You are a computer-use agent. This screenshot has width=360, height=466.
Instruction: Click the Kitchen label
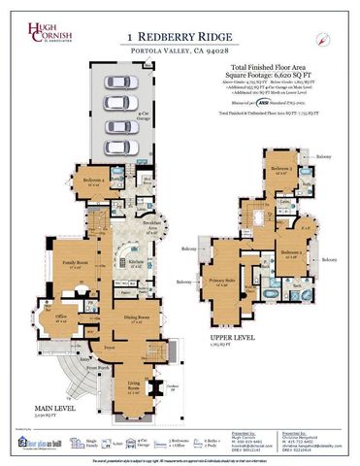(137, 261)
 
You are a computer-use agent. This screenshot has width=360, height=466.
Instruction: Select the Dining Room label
(138, 317)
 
